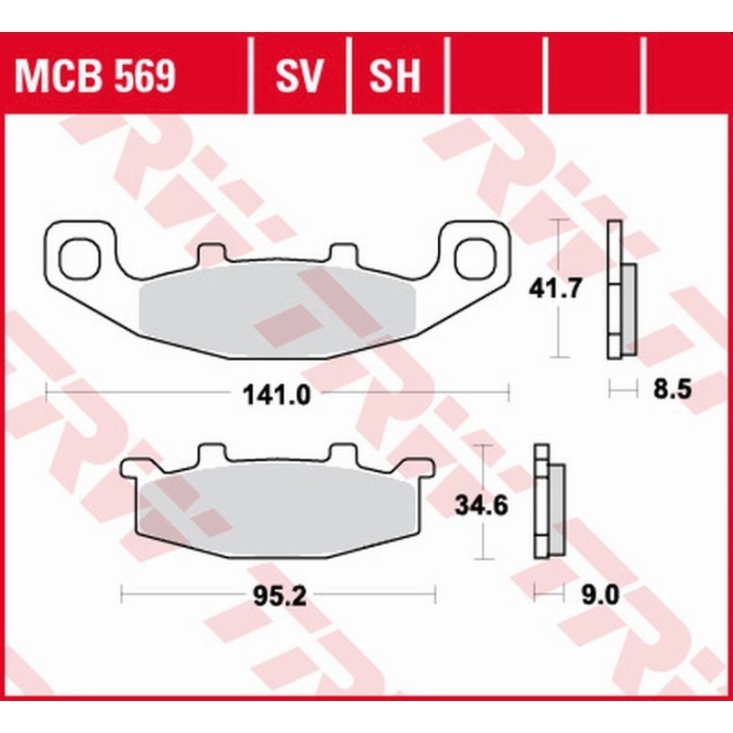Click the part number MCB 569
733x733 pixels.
[x=95, y=78]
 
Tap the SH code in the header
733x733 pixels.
[x=395, y=78]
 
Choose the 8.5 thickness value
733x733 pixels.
[x=667, y=391]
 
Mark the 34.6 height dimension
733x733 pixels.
[x=481, y=503]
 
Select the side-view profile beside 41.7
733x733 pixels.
[x=620, y=291]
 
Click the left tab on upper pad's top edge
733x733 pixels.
[x=212, y=251]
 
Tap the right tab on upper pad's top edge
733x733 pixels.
[x=344, y=251]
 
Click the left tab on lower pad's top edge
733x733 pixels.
[x=212, y=453]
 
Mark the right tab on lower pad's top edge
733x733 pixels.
[x=344, y=453]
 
